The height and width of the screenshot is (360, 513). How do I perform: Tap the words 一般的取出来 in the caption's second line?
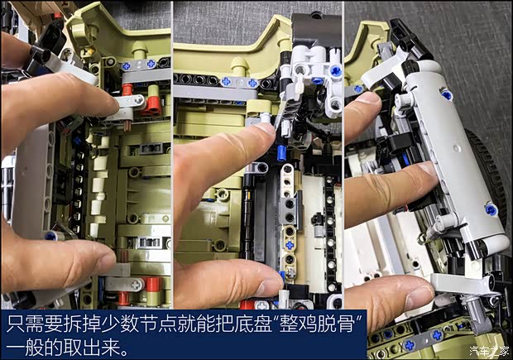[66, 347]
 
